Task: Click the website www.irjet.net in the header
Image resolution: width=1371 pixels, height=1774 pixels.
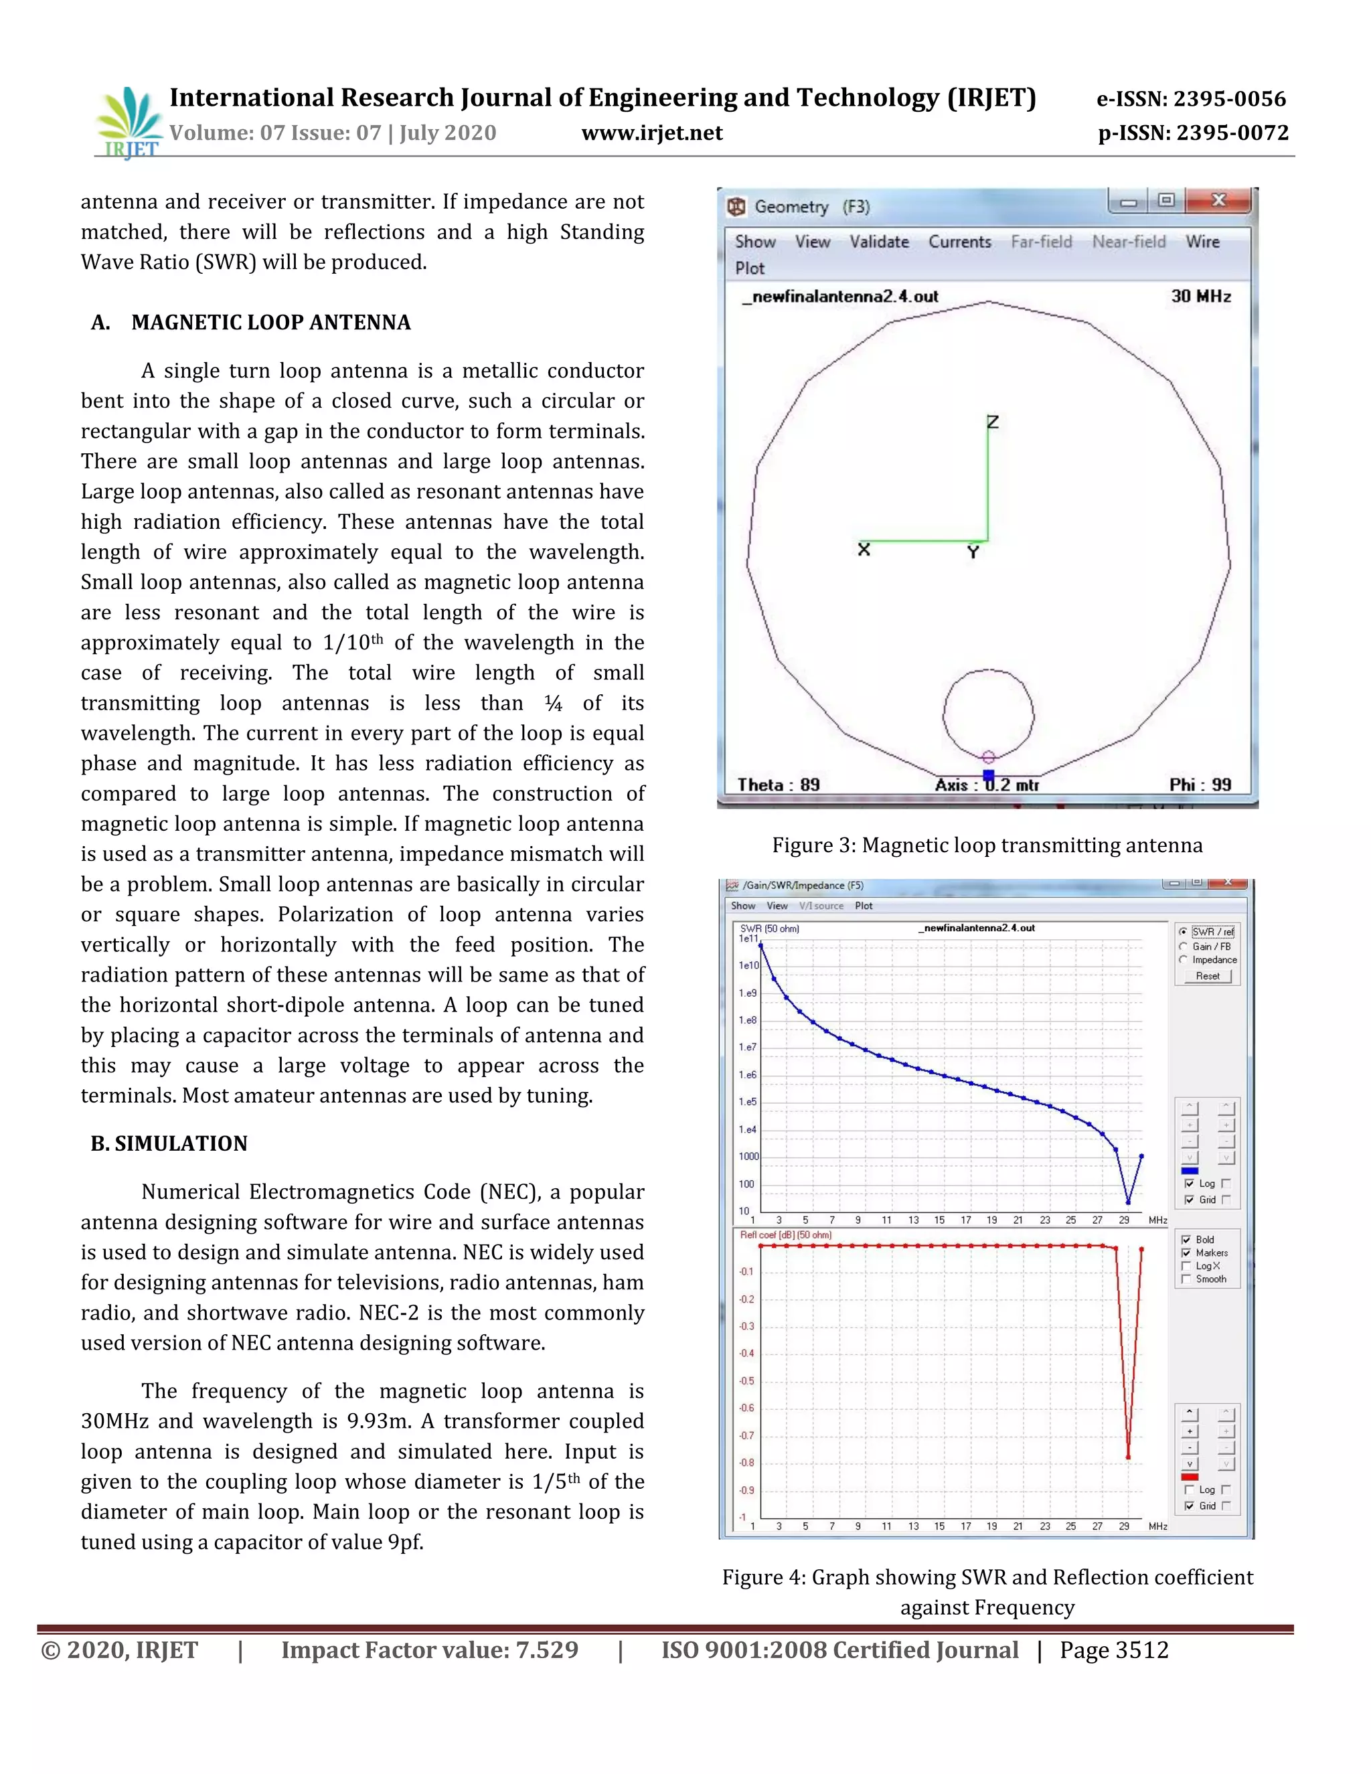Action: (651, 133)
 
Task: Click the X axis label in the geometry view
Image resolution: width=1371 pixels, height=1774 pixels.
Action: (864, 550)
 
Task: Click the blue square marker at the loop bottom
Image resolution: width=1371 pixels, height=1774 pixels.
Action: (989, 775)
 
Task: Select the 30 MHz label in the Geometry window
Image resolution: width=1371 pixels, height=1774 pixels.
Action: (1200, 297)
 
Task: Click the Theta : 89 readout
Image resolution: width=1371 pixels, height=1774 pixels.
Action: (778, 785)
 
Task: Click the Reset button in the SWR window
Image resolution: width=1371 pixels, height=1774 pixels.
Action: (1207, 976)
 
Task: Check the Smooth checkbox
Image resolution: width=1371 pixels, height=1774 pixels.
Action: (1187, 1279)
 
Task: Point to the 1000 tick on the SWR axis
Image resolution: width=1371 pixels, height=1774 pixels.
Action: (748, 1157)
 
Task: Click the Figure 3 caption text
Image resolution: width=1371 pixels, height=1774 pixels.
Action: (987, 845)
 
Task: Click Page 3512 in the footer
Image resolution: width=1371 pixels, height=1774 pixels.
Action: (1113, 1651)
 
